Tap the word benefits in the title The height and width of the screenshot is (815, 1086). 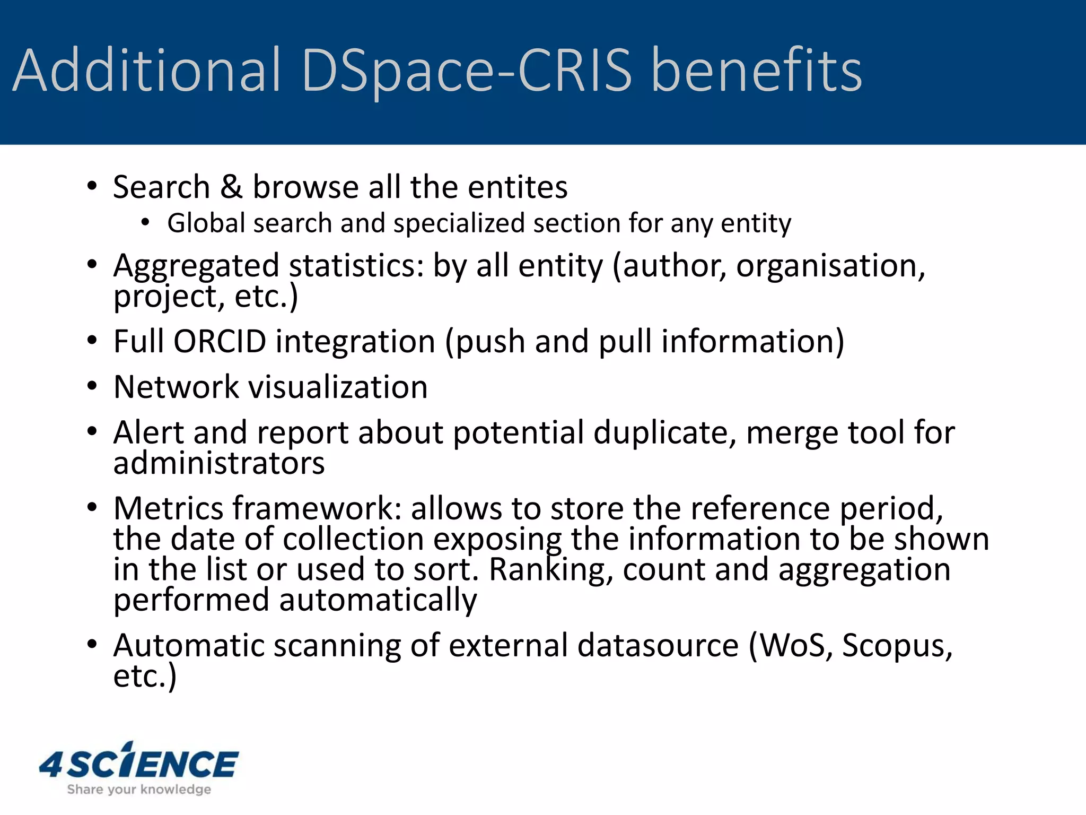point(756,70)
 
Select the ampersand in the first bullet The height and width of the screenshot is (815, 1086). point(231,187)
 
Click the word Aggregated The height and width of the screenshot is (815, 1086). point(196,266)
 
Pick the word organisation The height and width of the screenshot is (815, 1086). point(830,265)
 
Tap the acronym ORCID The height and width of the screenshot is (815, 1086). point(220,341)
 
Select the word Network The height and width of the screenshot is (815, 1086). point(176,387)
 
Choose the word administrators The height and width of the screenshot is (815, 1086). point(219,463)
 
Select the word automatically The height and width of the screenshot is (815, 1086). point(378,601)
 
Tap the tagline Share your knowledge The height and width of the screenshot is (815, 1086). point(139,790)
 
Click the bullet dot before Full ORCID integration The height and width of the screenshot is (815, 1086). point(92,341)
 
